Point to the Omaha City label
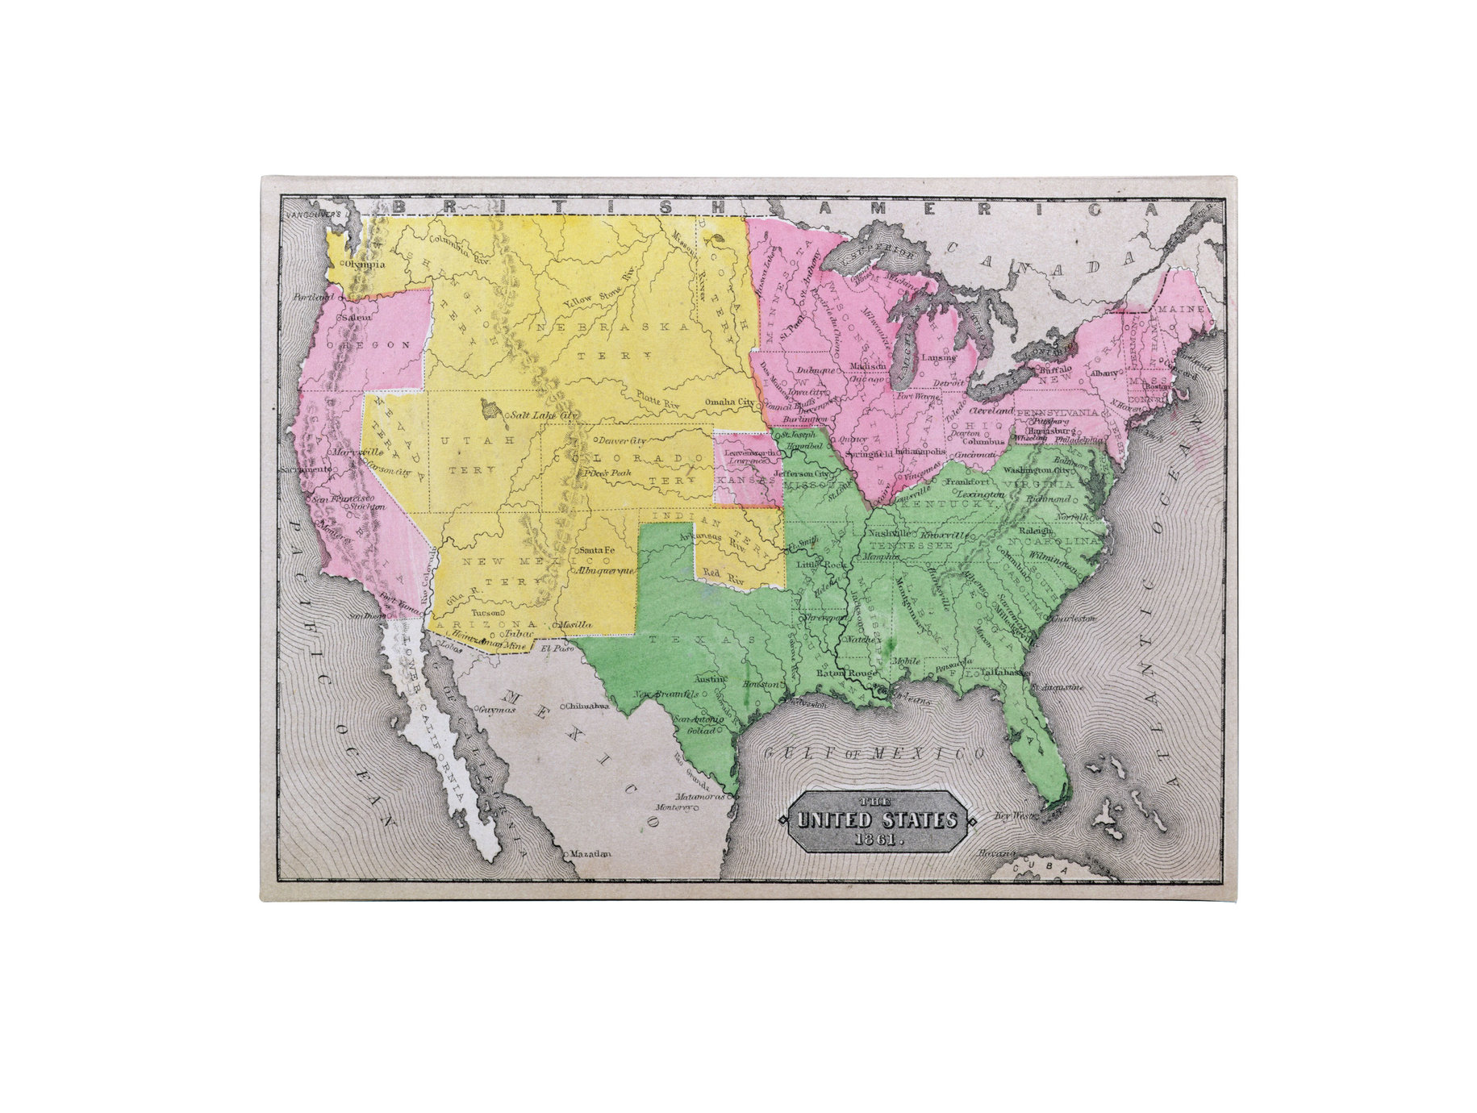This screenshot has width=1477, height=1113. tap(730, 402)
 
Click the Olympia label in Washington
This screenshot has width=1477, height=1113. tap(365, 264)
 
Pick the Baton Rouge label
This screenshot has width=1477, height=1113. tap(846, 673)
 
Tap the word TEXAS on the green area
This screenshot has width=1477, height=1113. tap(703, 639)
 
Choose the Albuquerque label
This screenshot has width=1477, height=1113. tap(604, 569)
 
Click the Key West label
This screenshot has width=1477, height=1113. tap(1014, 815)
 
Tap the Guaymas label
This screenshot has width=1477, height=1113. tap(495, 710)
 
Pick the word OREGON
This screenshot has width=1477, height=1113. tap(373, 344)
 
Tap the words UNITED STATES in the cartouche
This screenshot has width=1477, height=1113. tap(876, 820)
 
